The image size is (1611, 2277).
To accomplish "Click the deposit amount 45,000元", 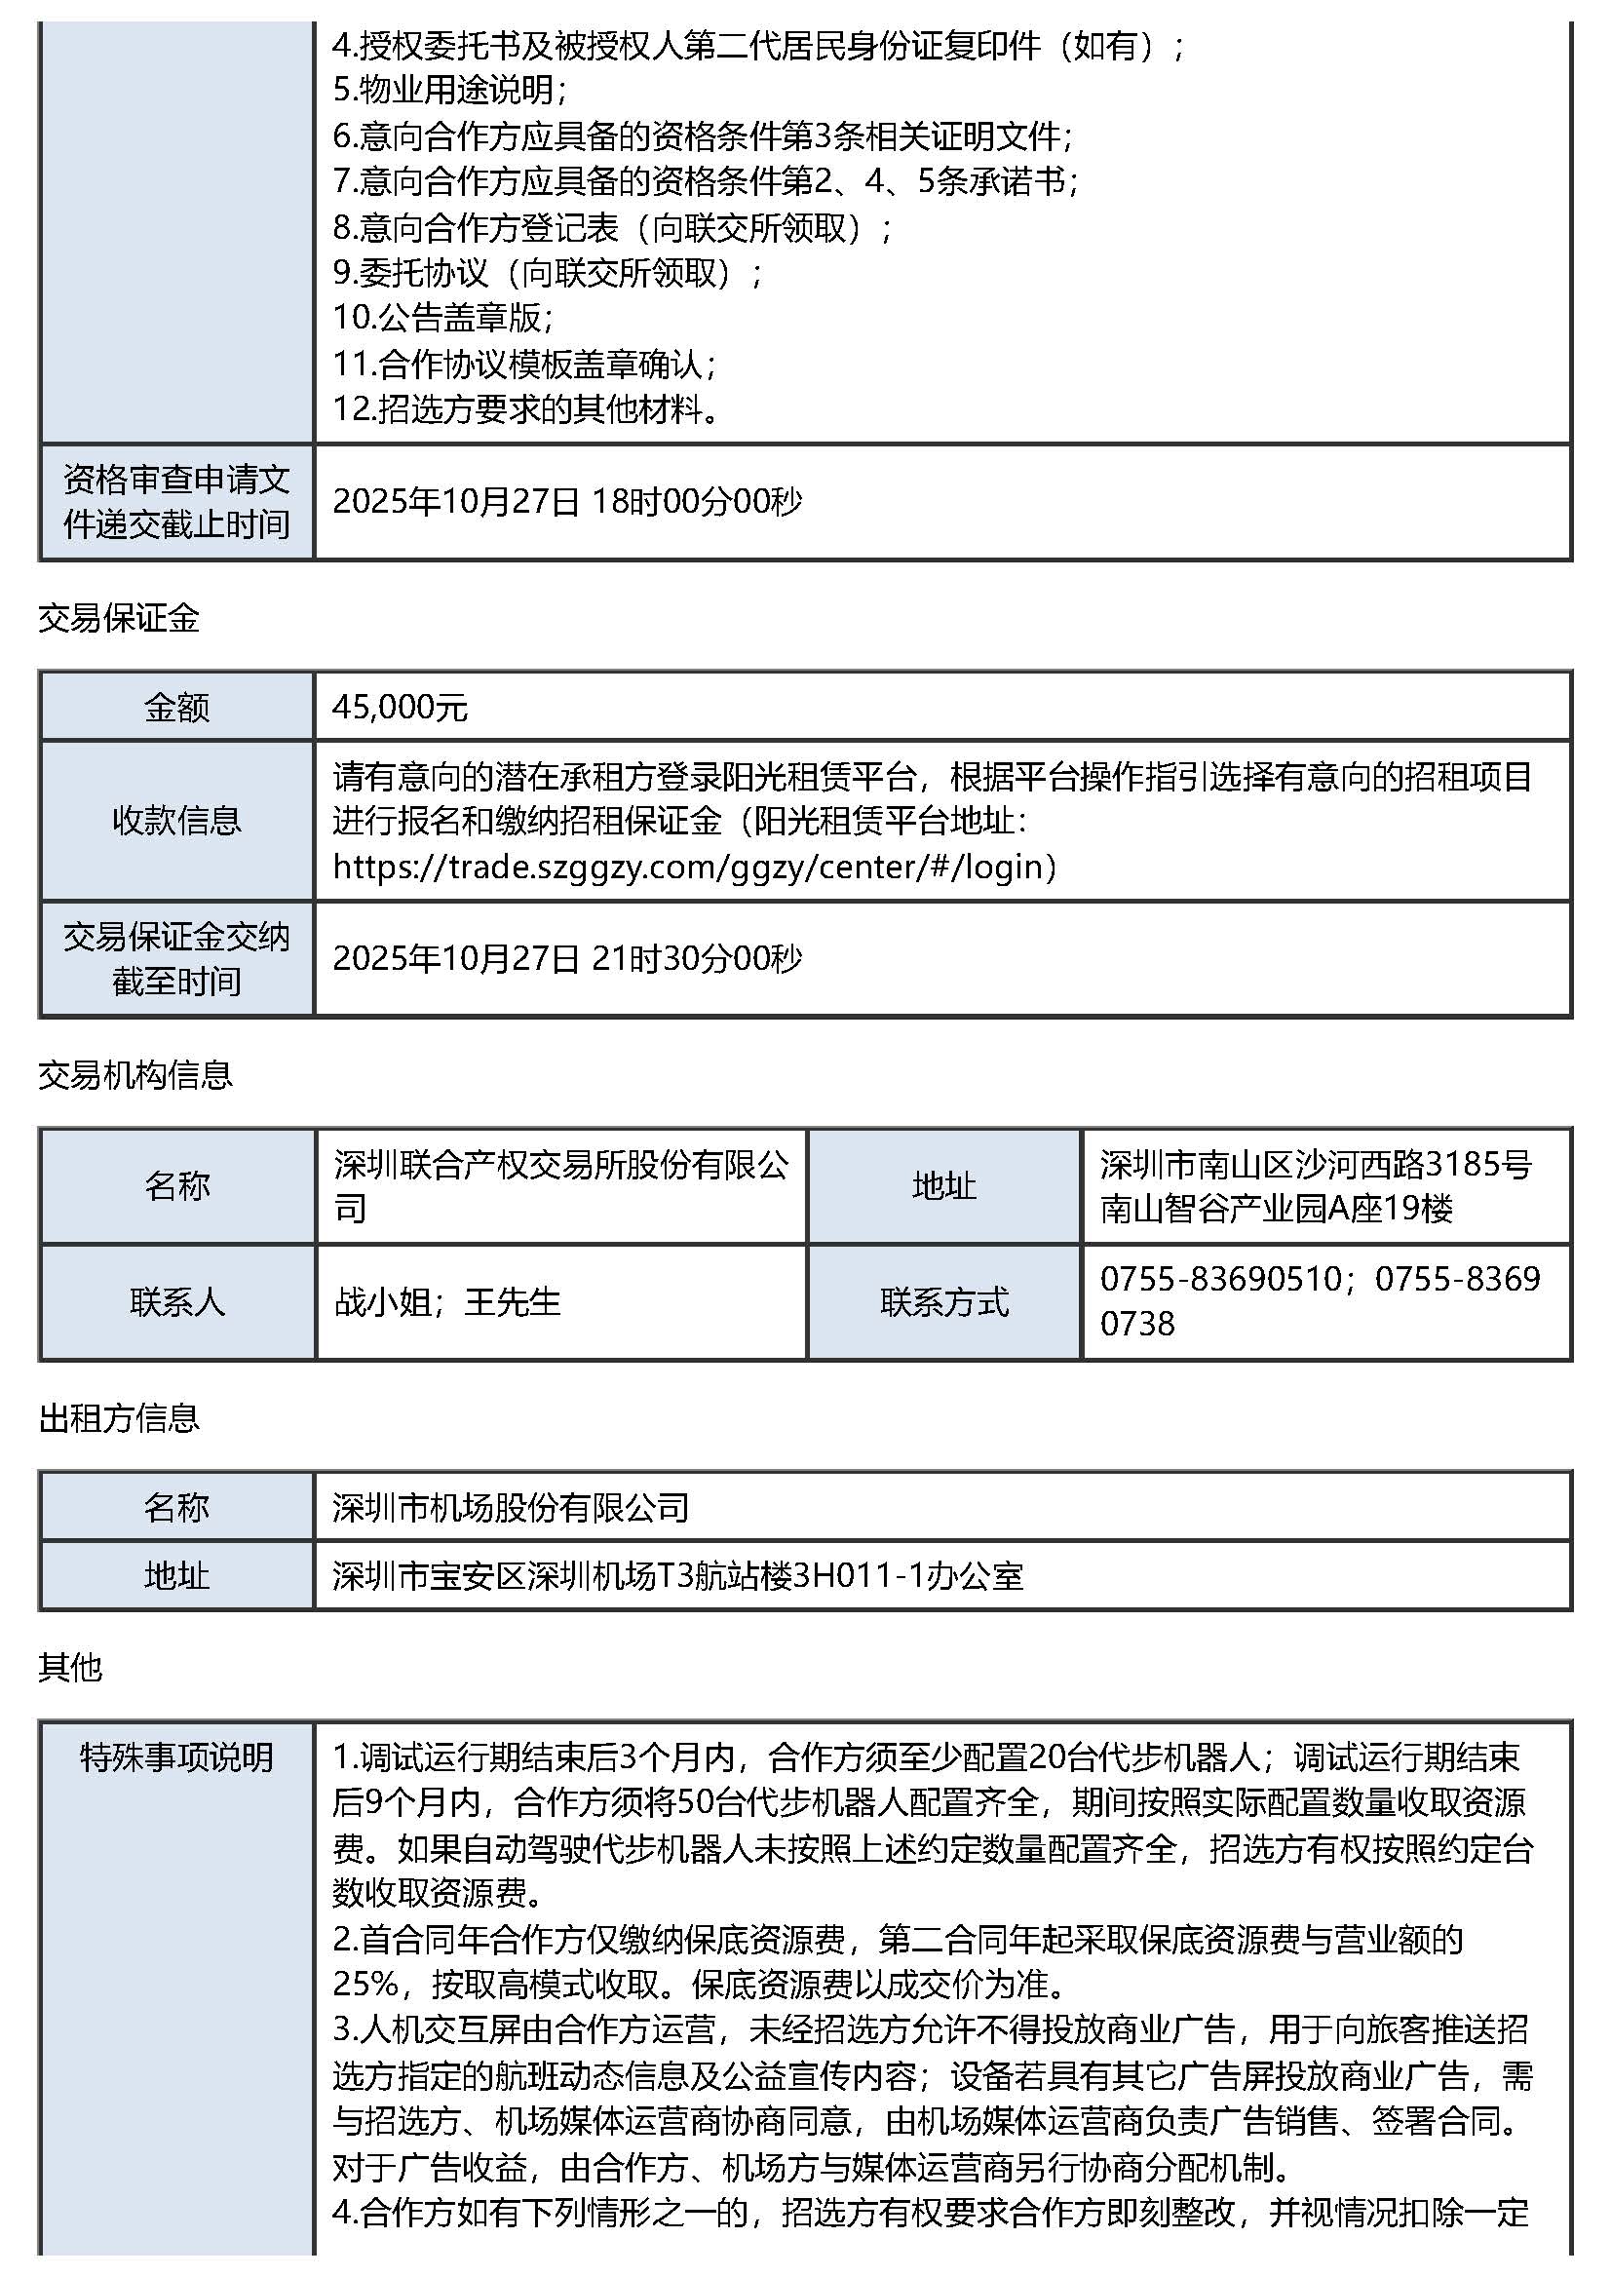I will coord(400,707).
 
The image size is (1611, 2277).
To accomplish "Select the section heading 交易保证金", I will coord(119,618).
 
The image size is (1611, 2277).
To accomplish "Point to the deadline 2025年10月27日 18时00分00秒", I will coord(566,501).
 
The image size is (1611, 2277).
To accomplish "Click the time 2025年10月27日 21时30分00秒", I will coord(566,957).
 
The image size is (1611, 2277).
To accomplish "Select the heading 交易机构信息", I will coord(134,1074).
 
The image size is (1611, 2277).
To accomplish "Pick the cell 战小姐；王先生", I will coord(447,1300).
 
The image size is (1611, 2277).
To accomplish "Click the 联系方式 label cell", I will coord(943,1300).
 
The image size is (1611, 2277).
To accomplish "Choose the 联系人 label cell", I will coord(176,1300).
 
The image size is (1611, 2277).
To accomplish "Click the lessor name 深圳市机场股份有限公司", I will coord(510,1507).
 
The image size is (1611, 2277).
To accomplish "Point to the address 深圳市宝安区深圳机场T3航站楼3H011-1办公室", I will coord(677,1575).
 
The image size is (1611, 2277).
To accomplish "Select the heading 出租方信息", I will coord(119,1418).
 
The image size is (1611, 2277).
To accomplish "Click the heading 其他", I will coord(70,1668).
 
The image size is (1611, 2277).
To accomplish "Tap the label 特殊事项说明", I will coord(176,1757).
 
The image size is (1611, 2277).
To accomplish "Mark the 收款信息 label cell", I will coord(176,820).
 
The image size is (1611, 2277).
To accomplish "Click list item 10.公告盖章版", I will coord(442,318).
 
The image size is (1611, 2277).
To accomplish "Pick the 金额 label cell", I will coord(176,707).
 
